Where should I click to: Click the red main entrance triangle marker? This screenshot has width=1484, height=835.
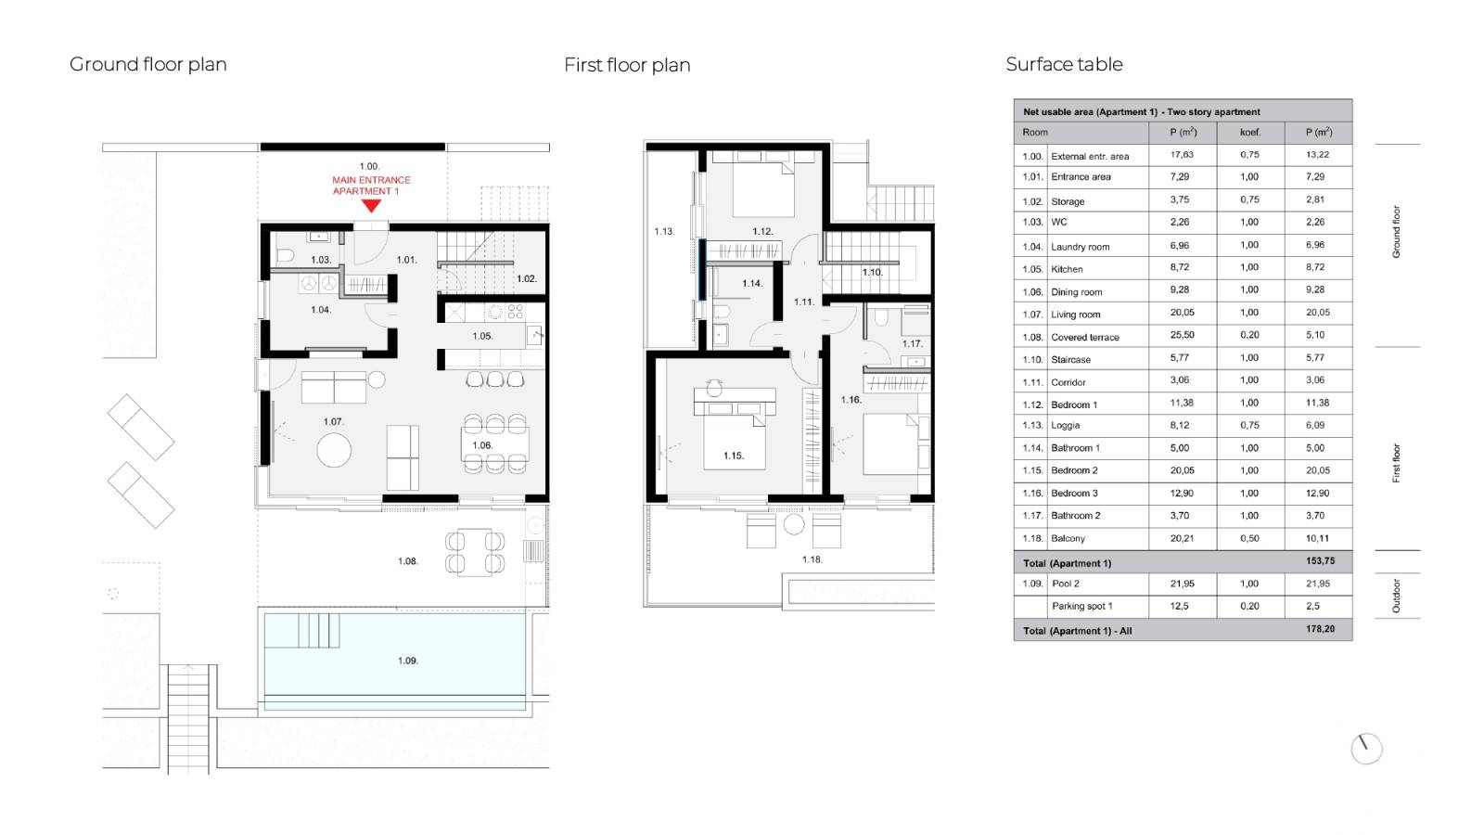point(371,206)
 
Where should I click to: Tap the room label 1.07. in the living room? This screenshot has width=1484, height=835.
point(333,421)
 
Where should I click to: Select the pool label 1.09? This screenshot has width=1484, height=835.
point(407,661)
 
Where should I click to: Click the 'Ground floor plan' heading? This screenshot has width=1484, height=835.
point(148,64)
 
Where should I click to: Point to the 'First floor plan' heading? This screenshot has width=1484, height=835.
point(627,65)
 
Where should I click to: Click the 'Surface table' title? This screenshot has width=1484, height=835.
point(1064,64)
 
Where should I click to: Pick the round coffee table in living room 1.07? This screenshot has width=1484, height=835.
point(334,450)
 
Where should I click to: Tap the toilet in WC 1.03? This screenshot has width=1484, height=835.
point(285,256)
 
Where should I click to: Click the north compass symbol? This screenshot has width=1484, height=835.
point(1366,749)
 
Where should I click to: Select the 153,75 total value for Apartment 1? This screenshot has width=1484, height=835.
point(1320,561)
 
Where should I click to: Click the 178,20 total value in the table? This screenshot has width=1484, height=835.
point(1320,629)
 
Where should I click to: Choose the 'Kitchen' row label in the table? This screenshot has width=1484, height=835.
point(1067,269)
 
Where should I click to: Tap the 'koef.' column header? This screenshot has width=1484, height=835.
point(1249,133)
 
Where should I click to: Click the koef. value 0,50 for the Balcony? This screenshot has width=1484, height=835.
point(1249,538)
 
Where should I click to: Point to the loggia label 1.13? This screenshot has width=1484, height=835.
point(664,231)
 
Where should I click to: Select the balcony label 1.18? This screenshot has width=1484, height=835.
point(812,559)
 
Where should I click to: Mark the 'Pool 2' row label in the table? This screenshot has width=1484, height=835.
point(1066,584)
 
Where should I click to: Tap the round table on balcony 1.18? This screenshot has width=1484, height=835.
point(794,525)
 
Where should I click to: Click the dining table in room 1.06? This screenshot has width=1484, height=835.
point(495,444)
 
